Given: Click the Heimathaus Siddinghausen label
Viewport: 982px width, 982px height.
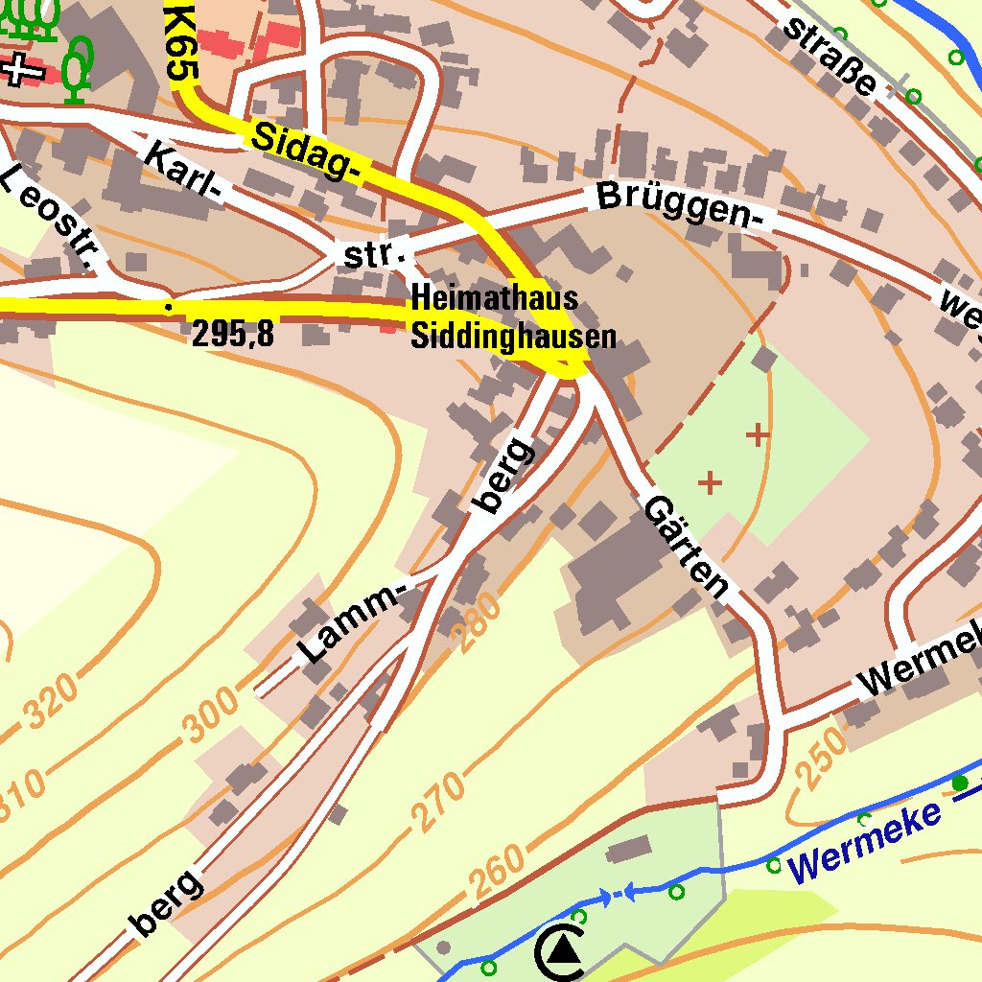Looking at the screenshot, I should pos(512,316).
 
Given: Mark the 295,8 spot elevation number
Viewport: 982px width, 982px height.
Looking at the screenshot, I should pos(233,334).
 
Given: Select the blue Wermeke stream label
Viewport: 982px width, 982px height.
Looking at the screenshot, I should pos(865,842).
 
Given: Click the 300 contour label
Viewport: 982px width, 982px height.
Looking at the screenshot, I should pos(212,715).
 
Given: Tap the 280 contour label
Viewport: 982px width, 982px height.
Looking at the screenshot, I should pos(475,622).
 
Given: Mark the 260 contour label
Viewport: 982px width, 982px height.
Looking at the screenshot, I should pos(499,874).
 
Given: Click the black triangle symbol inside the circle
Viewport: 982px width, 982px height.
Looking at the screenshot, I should pos(564,950).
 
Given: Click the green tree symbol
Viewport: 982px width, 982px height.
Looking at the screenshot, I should pos(78,69).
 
